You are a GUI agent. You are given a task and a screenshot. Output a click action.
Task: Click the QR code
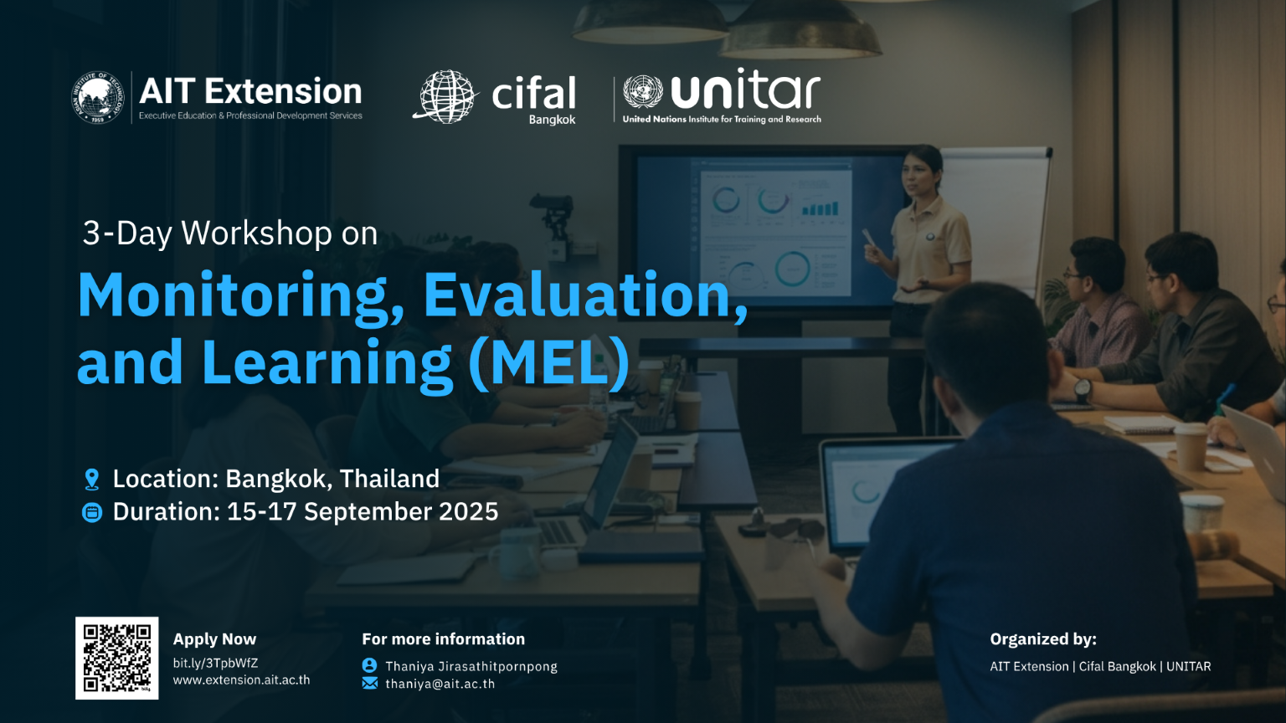pyautogui.click(x=116, y=659)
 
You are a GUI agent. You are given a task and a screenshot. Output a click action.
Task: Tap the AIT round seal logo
pyautogui.click(x=98, y=98)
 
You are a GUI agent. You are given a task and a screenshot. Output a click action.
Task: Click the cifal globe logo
pyautogui.click(x=445, y=96)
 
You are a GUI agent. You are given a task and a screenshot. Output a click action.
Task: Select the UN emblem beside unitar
pyautogui.click(x=643, y=92)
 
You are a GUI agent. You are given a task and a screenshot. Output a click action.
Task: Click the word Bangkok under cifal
pyautogui.click(x=552, y=120)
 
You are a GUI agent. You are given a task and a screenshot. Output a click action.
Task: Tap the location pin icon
pyautogui.click(x=92, y=479)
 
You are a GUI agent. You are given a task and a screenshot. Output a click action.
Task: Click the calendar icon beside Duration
pyautogui.click(x=92, y=512)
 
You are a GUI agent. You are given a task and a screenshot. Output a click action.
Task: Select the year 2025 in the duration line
pyautogui.click(x=469, y=512)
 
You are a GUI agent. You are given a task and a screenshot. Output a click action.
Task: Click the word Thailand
pyautogui.click(x=389, y=479)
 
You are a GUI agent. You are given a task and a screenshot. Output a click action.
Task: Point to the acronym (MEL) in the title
pyautogui.click(x=549, y=362)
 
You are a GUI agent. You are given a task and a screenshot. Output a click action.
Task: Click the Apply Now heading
pyautogui.click(x=214, y=639)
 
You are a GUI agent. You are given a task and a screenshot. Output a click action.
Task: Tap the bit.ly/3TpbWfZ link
pyautogui.click(x=215, y=663)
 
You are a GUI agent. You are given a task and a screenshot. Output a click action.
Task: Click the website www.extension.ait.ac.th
pyautogui.click(x=242, y=680)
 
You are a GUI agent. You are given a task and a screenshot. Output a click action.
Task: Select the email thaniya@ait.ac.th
pyautogui.click(x=440, y=684)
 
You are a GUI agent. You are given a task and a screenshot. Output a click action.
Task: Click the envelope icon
pyautogui.click(x=370, y=684)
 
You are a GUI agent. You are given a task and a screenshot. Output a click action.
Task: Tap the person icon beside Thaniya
pyautogui.click(x=370, y=665)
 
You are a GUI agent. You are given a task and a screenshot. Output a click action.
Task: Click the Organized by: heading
pyautogui.click(x=1043, y=639)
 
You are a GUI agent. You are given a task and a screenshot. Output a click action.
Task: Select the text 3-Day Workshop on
pyautogui.click(x=230, y=233)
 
